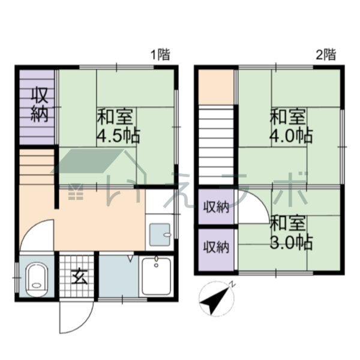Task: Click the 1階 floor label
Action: (160, 55)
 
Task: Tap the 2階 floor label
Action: (325, 55)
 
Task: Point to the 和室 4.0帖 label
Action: (291, 125)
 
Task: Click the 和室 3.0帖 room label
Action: (291, 233)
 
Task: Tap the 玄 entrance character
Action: (78, 277)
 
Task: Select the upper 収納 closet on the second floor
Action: (215, 208)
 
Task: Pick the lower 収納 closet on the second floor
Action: (215, 246)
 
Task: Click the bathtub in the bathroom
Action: (157, 275)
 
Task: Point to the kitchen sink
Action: (160, 234)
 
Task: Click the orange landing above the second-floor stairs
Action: (216, 86)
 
